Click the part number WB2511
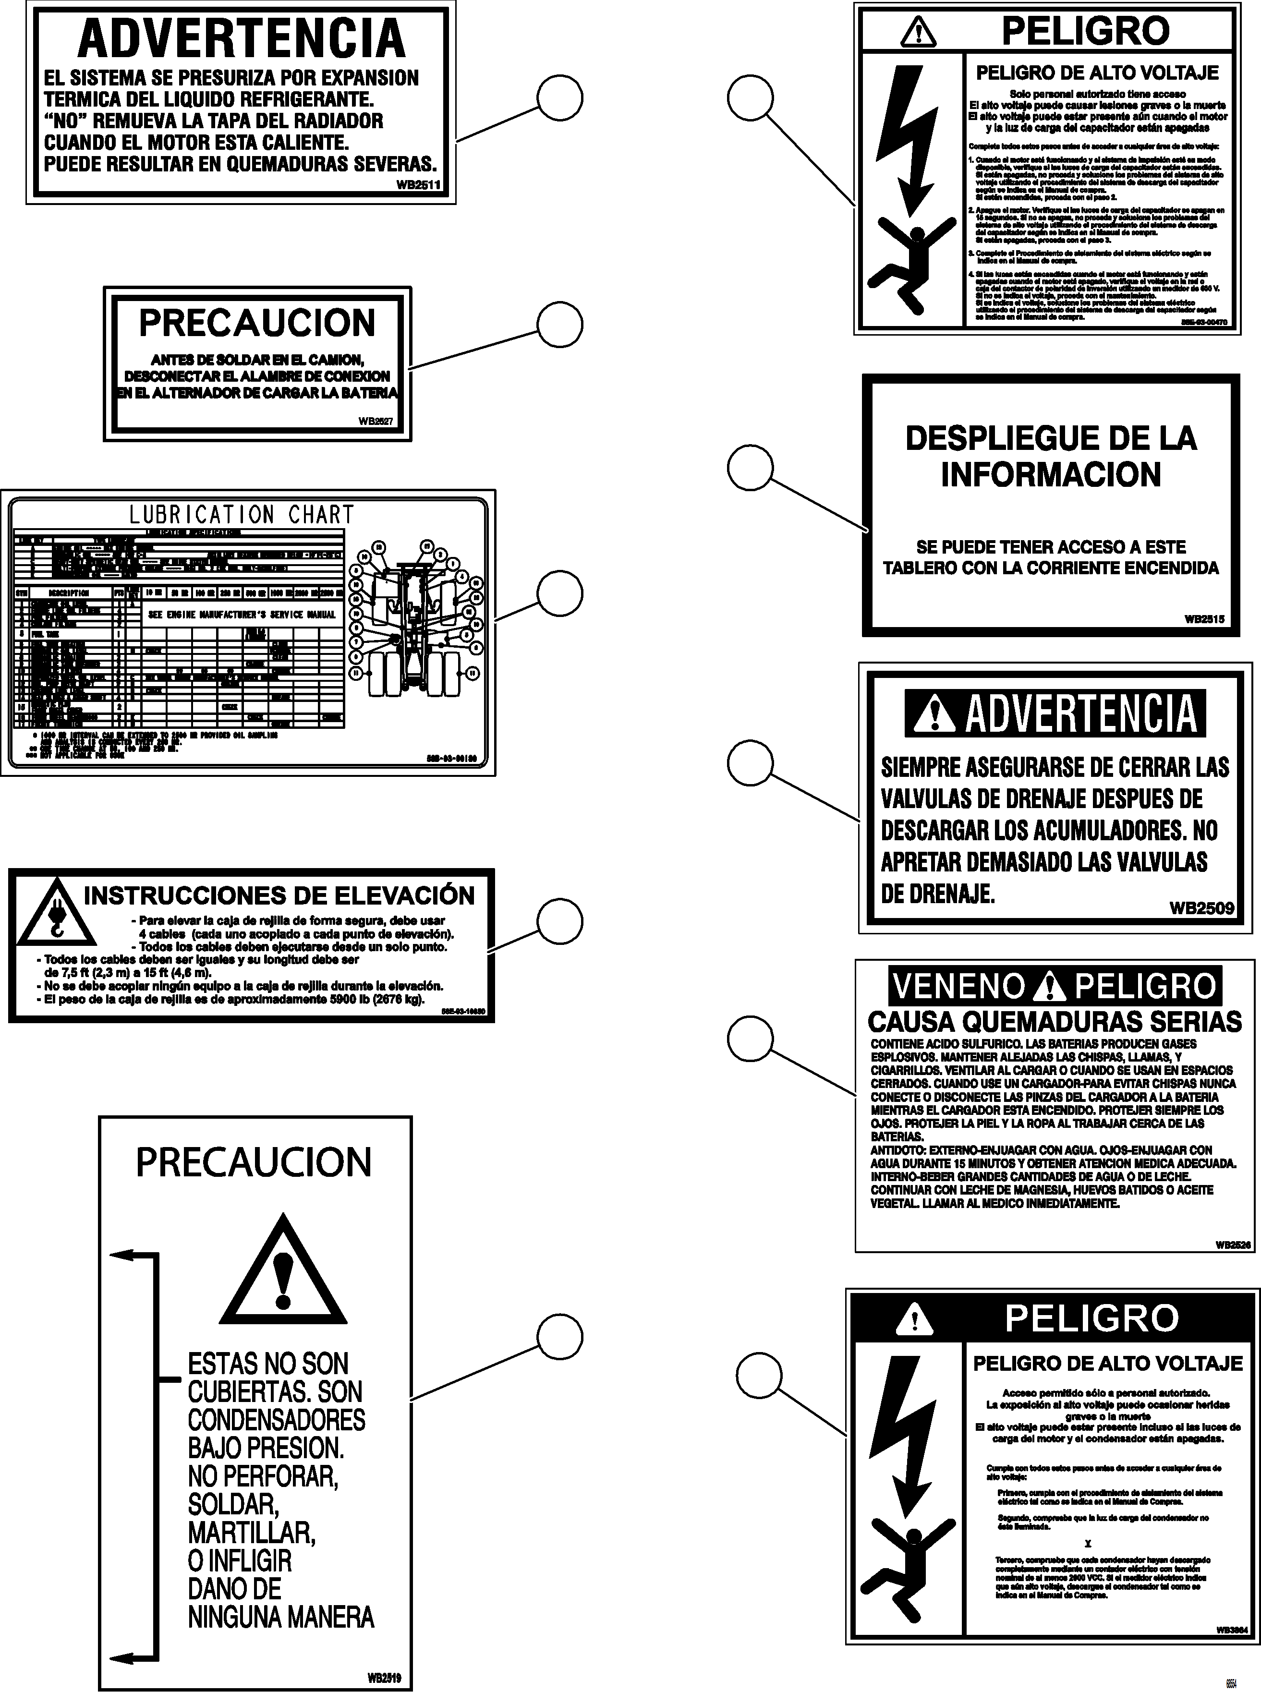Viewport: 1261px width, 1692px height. pos(418,184)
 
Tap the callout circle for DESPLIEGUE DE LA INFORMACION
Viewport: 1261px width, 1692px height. pos(751,469)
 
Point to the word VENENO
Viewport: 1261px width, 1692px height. pos(959,986)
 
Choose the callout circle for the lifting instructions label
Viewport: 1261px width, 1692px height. pos(559,922)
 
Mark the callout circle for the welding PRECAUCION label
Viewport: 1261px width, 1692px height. pos(559,325)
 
